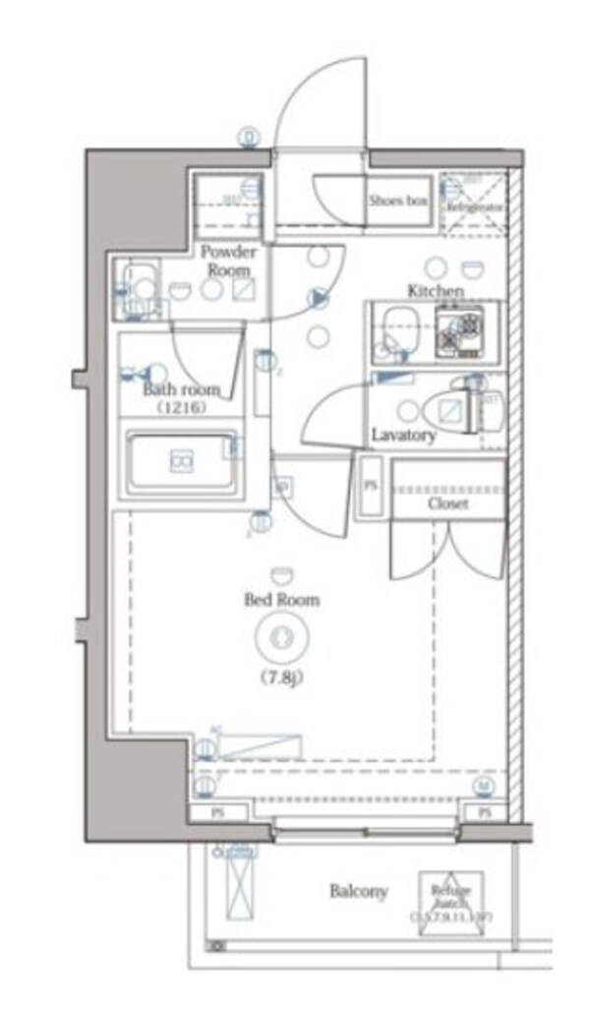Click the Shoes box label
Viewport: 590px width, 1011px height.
[x=398, y=201]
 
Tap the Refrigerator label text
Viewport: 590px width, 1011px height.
[x=476, y=208]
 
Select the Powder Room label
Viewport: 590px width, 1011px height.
[x=228, y=260]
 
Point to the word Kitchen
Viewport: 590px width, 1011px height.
[x=436, y=290]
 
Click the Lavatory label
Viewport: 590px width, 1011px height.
[x=403, y=434]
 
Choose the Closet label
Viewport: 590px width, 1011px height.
[x=447, y=503]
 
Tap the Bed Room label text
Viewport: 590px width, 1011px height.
[x=281, y=599]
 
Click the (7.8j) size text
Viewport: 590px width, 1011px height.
[x=281, y=677]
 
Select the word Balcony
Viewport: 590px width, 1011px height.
[x=358, y=892]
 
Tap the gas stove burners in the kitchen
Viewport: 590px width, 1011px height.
[x=459, y=333]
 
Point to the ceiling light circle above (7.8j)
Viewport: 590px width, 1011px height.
[x=281, y=638]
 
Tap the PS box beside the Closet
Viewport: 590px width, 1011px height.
[x=371, y=486]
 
